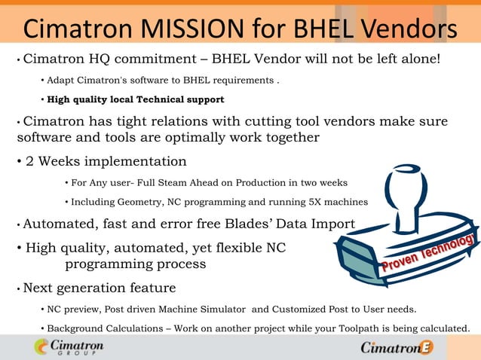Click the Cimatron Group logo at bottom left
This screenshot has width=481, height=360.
pos(69,347)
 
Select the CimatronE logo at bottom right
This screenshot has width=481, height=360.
pos(397,347)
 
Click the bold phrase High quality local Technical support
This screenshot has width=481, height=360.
pos(135,99)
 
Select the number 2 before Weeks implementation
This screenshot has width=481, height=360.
pos(30,160)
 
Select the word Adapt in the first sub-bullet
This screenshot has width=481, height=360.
pos(61,80)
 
